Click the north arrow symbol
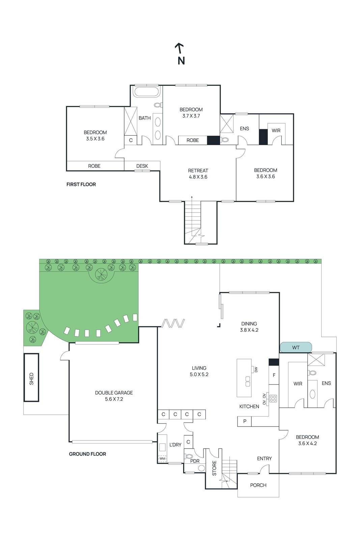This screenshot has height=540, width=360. coord(179,49)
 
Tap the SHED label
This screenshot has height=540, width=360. coord(31,378)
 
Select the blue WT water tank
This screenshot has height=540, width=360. coord(296,347)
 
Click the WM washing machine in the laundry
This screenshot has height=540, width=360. coord(162,459)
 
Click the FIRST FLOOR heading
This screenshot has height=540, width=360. coord(81,184)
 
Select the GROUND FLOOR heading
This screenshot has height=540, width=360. coord(87,454)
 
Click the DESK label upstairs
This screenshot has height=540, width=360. coord(142,166)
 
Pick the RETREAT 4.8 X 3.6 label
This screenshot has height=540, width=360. coord(198,173)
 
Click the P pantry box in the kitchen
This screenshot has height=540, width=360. coord(245,421)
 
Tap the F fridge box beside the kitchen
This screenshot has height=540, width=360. coord(274,375)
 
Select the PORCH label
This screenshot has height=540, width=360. coord(258,485)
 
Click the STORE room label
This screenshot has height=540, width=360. coord(214,468)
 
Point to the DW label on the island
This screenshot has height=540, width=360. coord(256,370)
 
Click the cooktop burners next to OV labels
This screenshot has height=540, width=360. coord(273,398)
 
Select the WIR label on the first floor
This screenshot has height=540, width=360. coord(276,131)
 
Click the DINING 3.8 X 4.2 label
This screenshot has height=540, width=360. coord(249,327)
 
